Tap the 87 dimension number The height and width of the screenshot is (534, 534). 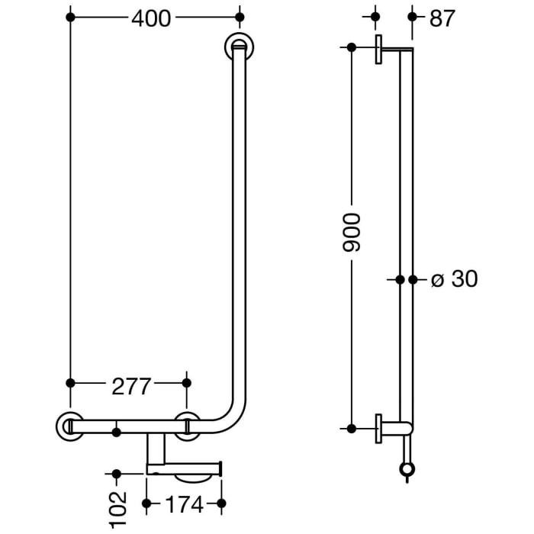point(441,18)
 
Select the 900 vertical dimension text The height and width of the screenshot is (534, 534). point(352,233)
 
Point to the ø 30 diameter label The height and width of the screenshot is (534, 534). point(454,279)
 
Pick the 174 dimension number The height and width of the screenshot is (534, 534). point(183,504)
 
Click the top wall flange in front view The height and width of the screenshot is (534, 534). point(240,47)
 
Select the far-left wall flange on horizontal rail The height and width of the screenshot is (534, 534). point(69,426)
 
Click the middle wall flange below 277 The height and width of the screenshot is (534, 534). point(187,426)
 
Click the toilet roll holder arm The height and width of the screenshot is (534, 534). point(183,468)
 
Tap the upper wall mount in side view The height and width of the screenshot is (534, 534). point(378,48)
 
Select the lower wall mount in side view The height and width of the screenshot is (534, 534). point(378,428)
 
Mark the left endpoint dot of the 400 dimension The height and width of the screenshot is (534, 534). point(70,16)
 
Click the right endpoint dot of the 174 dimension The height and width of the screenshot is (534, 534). point(221,503)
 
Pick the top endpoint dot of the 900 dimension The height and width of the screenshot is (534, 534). point(352,47)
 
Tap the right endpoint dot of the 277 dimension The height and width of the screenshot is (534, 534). point(187,382)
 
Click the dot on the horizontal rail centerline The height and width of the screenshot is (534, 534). point(116,432)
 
